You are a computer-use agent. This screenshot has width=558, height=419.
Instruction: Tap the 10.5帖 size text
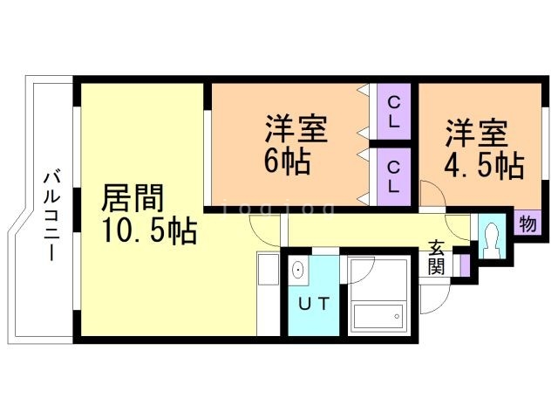pos(149,232)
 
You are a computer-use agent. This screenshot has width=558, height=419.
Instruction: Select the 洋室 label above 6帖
pos(296,130)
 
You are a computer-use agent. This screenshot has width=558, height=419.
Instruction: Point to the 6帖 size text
pos(288,162)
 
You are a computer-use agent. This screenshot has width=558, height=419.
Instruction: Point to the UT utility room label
pos(315,305)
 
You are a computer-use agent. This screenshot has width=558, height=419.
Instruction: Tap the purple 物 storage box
pos(527,223)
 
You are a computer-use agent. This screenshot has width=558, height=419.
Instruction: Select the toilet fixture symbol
pos(490,237)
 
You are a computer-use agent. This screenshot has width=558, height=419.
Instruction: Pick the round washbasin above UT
pos(299,270)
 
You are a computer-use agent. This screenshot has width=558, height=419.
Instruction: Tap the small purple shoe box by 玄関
pos(466,263)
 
